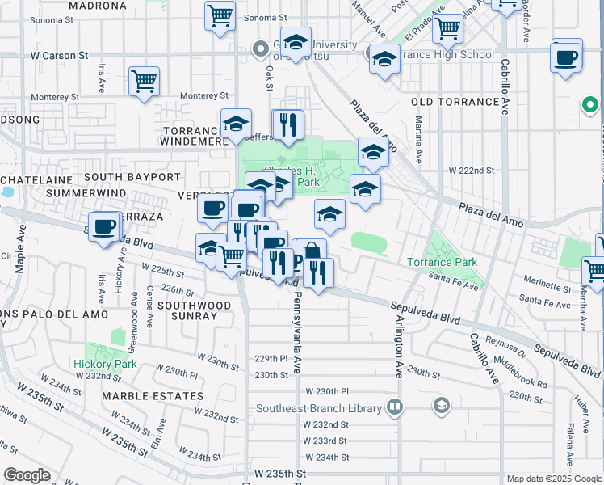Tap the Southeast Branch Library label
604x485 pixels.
(318, 408)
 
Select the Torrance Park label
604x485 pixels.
(442, 263)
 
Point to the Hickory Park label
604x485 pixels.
(103, 365)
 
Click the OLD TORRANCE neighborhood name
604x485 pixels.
(455, 102)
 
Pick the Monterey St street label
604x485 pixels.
(55, 96)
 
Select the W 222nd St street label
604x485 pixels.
(471, 171)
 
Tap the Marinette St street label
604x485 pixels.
(546, 285)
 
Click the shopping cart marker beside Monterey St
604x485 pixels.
(144, 81)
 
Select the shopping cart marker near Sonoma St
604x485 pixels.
(220, 15)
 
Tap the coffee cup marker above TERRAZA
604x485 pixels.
(103, 226)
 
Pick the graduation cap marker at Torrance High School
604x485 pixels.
(385, 59)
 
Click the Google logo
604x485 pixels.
(27, 475)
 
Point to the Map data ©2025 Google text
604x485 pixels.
(553, 479)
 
